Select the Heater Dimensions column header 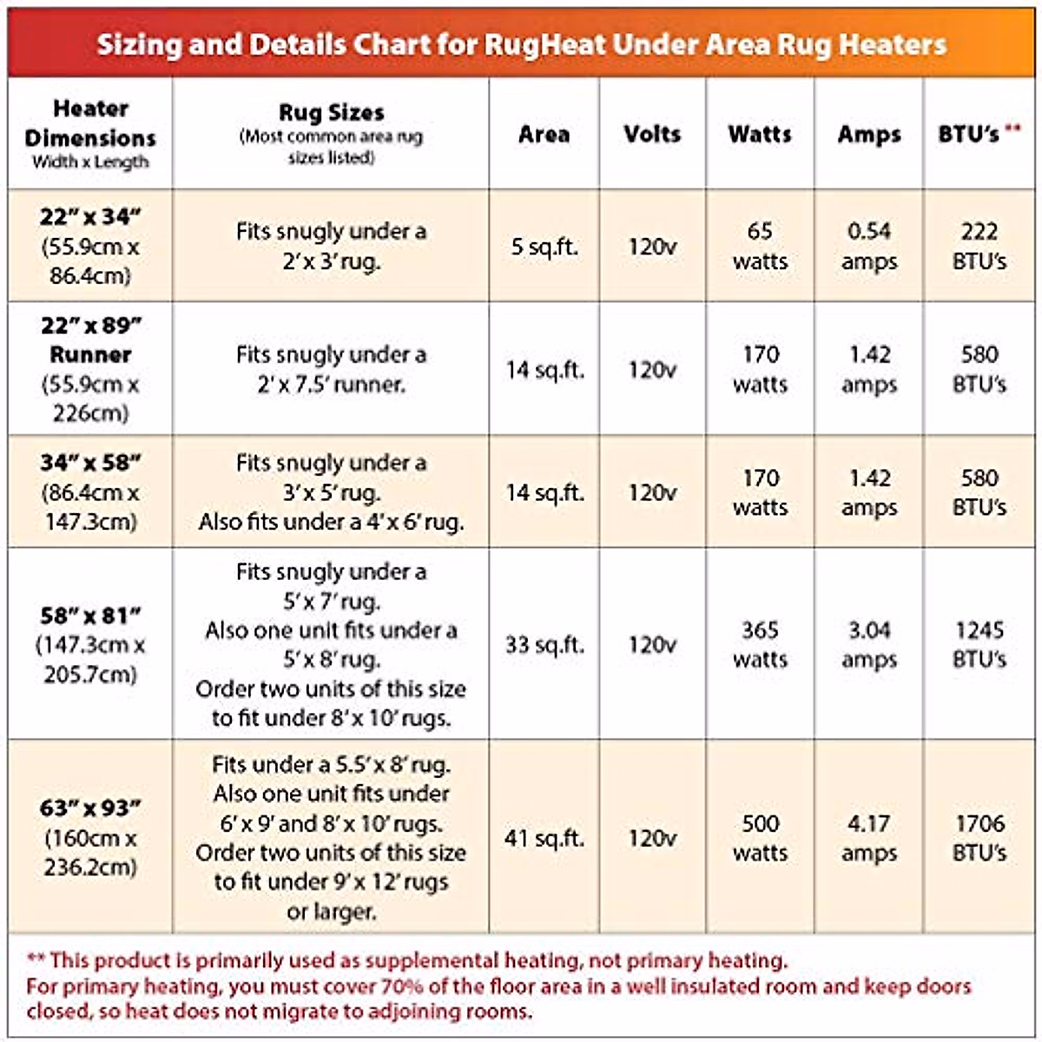click(x=90, y=134)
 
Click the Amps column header click(x=869, y=135)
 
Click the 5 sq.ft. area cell click(x=544, y=247)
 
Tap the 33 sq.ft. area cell click(x=544, y=645)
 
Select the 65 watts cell click(x=760, y=247)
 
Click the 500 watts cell click(x=760, y=838)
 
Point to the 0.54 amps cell click(x=869, y=247)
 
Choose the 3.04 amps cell click(x=869, y=644)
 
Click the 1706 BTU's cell click(x=979, y=838)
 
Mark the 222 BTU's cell click(x=979, y=247)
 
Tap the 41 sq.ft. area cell click(x=544, y=839)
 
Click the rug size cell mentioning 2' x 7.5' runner click(x=331, y=369)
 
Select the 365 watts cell click(x=760, y=644)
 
